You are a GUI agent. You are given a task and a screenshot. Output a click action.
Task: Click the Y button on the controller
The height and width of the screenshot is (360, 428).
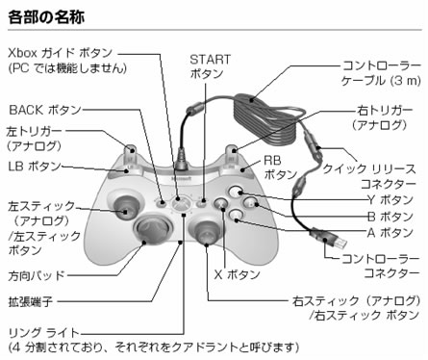(237, 192)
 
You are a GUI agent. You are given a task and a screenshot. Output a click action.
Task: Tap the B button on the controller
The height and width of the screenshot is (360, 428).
(251, 202)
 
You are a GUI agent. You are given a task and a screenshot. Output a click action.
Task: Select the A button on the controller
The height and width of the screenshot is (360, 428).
(237, 216)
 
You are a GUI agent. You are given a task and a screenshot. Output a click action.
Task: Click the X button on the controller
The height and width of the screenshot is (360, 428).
(221, 203)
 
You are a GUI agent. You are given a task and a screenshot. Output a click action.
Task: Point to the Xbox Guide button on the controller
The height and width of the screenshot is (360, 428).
(179, 203)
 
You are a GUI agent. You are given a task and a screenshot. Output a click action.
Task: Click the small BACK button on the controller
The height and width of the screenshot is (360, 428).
(162, 202)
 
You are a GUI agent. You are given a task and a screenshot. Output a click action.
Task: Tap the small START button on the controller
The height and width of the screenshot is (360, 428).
(202, 202)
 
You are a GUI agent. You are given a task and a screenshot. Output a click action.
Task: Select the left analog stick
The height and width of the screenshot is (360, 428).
(125, 207)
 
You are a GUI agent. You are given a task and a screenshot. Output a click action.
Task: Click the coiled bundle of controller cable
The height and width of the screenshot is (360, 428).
(268, 118)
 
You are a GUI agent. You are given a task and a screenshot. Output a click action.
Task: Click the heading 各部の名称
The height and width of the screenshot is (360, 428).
(46, 16)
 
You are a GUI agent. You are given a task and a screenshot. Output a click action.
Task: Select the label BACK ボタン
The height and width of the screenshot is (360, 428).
(45, 110)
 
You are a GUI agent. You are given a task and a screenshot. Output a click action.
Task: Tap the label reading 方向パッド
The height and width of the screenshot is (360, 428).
(37, 275)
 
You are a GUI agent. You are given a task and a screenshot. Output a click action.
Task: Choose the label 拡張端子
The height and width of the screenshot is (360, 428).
(30, 302)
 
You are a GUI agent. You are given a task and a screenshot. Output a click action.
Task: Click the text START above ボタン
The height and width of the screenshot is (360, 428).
(211, 60)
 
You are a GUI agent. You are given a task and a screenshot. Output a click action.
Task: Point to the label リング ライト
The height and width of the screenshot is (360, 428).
(43, 333)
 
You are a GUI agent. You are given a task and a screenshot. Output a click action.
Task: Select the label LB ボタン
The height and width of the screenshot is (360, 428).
(35, 167)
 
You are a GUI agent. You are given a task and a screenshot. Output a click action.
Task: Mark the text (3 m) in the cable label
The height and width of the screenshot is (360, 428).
(406, 80)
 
